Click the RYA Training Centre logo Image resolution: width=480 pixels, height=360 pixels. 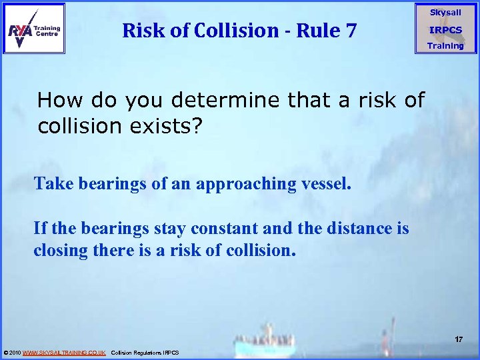tap(34, 28)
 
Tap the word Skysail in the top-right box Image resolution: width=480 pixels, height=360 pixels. tap(445, 13)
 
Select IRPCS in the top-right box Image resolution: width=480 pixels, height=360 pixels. tap(445, 30)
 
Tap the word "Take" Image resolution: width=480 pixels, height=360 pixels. tap(52, 184)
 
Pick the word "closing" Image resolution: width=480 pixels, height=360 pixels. tap(61, 252)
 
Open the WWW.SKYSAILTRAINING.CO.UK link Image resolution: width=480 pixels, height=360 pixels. tap(64, 352)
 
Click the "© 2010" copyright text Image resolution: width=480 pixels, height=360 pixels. tap(12, 352)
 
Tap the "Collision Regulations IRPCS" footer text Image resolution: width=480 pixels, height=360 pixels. tap(145, 352)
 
